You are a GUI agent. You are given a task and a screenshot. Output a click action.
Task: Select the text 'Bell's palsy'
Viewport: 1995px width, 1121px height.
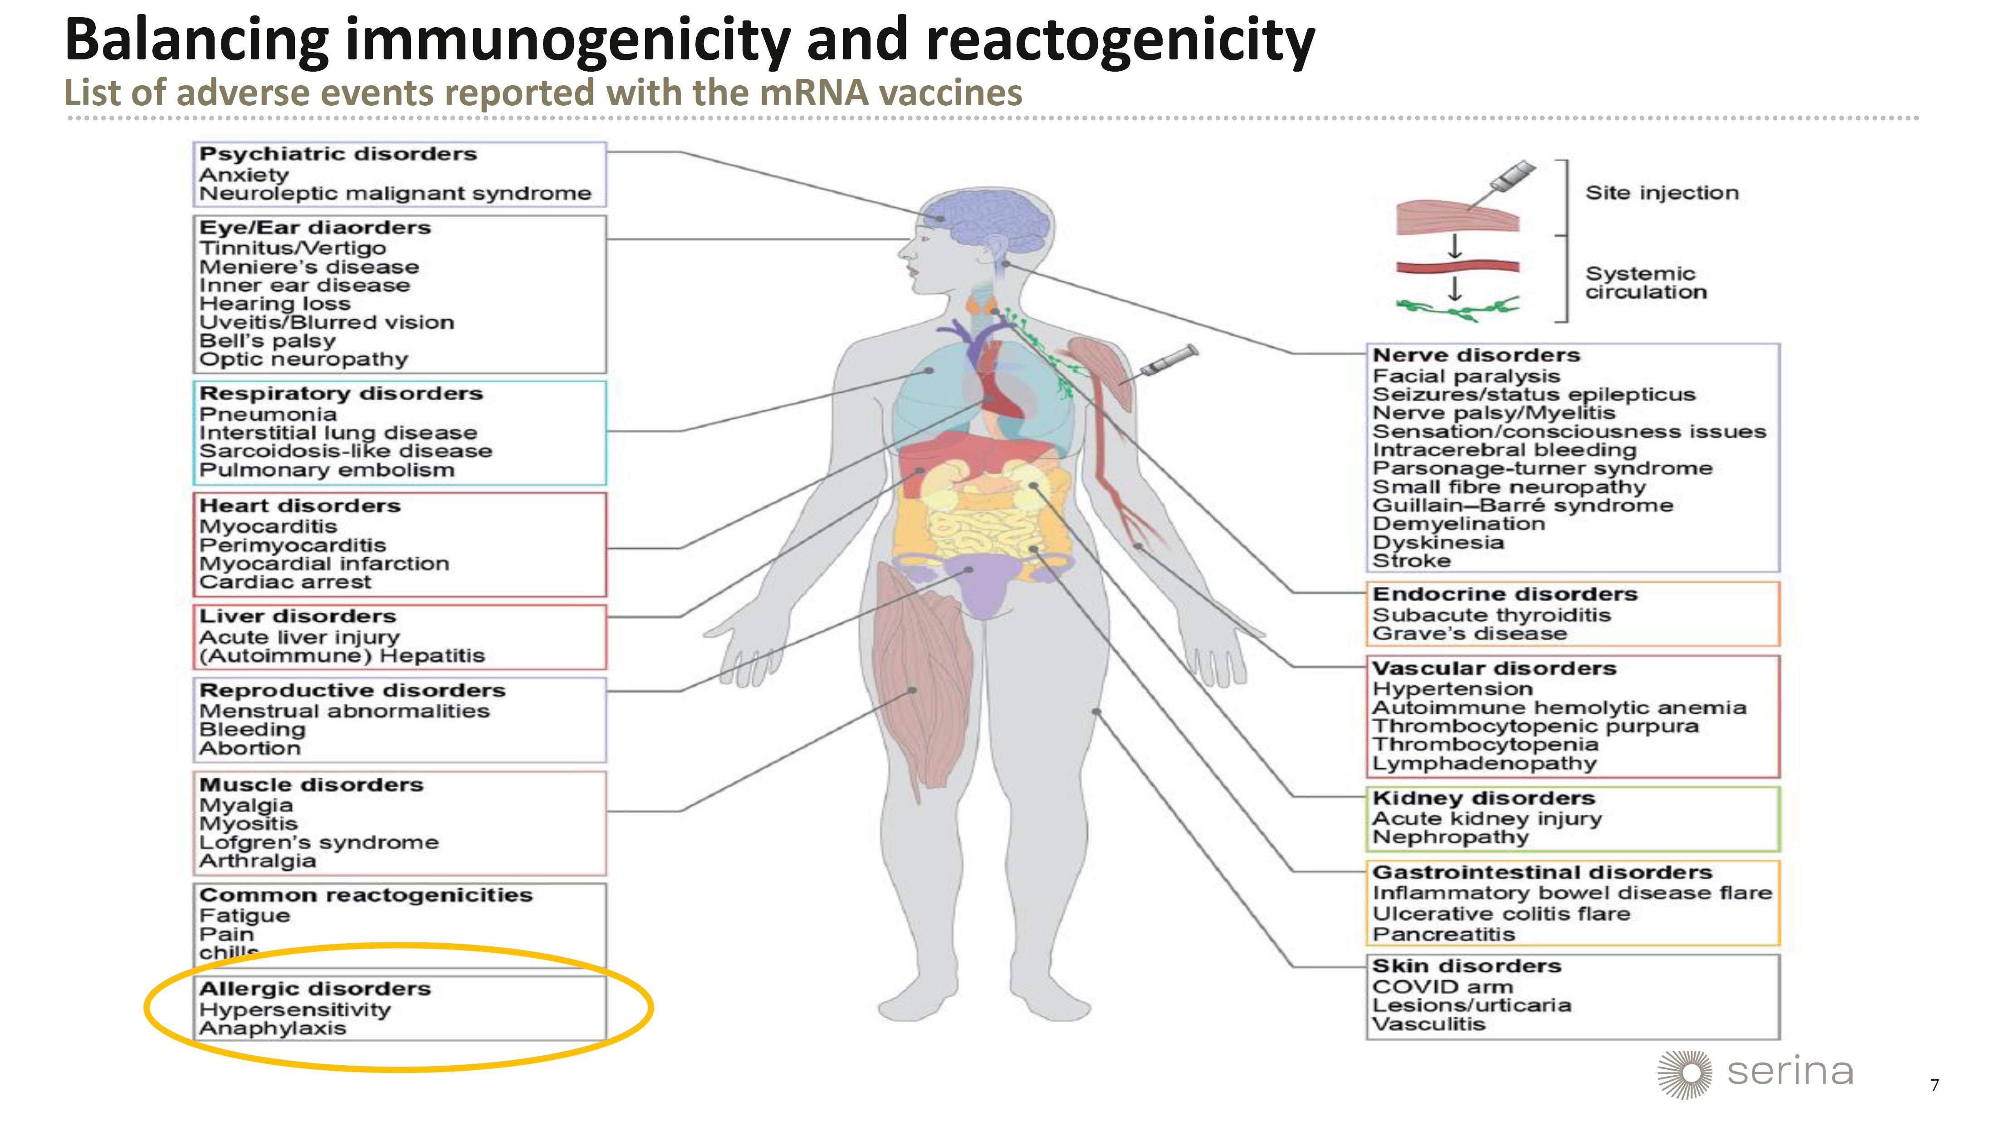coord(267,341)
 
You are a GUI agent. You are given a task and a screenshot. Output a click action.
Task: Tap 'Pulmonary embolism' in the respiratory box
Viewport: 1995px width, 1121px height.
coord(326,470)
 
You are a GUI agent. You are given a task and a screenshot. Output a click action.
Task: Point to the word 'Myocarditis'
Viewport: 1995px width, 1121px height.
coord(268,526)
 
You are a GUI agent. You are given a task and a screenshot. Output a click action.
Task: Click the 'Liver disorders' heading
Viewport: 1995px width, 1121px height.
coord(298,616)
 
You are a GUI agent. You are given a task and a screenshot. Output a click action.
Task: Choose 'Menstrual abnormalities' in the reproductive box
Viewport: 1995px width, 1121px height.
coord(344,711)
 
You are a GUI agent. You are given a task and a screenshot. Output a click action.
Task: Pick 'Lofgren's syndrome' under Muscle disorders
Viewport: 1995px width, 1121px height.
coord(318,842)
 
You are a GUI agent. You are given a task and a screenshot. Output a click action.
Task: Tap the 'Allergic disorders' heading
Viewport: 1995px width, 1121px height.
coord(314,989)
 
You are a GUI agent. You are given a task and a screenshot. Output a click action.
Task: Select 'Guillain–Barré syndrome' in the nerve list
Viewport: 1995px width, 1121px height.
coord(1523,506)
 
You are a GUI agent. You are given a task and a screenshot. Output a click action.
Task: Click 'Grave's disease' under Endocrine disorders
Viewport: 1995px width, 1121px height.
coord(1469,634)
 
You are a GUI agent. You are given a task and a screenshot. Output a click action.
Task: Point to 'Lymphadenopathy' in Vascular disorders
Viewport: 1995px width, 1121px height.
coord(1484,763)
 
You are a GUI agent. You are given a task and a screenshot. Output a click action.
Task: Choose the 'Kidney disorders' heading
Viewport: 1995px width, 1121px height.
coord(1482,798)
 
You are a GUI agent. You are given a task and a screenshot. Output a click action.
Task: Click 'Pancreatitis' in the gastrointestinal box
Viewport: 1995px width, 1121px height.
coord(1443,935)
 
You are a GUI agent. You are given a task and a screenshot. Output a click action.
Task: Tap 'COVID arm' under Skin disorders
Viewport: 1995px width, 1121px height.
coord(1442,987)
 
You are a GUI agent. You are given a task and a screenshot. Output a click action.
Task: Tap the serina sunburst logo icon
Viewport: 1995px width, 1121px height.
coord(1684,1074)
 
